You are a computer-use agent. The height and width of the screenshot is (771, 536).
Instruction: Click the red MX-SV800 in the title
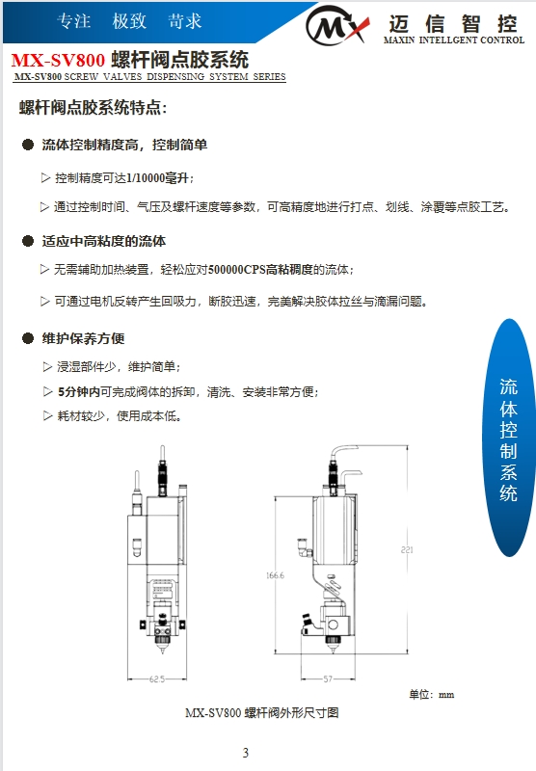pyautogui.click(x=58, y=61)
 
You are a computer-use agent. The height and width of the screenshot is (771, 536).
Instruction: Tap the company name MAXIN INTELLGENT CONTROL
pyautogui.click(x=453, y=41)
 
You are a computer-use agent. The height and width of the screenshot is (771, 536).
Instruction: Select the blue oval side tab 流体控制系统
pyautogui.click(x=508, y=439)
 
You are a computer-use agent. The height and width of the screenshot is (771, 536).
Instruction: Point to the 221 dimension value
pyautogui.click(x=406, y=549)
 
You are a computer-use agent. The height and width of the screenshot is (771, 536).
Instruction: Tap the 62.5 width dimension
pyautogui.click(x=156, y=678)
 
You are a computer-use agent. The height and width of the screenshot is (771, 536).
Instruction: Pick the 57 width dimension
pyautogui.click(x=327, y=678)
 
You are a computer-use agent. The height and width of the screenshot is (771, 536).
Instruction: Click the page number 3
pyautogui.click(x=246, y=753)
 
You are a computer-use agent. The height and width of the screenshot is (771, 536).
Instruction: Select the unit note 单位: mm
pyautogui.click(x=431, y=694)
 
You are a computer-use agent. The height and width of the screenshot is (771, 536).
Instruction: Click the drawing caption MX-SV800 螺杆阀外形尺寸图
pyautogui.click(x=262, y=713)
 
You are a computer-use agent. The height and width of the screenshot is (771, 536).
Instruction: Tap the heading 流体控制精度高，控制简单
pyautogui.click(x=124, y=146)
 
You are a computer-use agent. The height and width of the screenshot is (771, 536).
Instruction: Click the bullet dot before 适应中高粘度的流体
pyautogui.click(x=28, y=241)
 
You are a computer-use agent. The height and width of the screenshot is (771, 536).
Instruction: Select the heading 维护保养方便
pyautogui.click(x=84, y=338)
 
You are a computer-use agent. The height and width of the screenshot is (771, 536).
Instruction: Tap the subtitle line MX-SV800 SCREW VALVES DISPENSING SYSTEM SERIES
pyautogui.click(x=150, y=76)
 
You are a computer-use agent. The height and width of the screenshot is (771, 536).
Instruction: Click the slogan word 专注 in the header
pyautogui.click(x=74, y=21)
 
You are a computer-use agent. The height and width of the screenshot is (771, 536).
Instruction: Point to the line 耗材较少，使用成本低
pyautogui.click(x=119, y=416)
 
